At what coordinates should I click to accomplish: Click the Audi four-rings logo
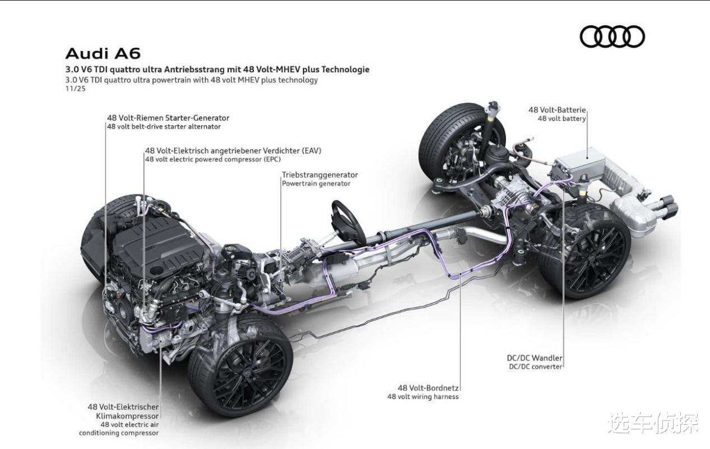(x=612, y=36)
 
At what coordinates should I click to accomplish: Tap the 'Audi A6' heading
(x=103, y=54)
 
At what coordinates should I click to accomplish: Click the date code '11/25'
(x=76, y=89)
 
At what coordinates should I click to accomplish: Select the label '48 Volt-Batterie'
(x=557, y=110)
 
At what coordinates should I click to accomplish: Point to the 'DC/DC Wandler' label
(x=535, y=358)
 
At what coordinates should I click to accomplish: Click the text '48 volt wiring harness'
(x=423, y=397)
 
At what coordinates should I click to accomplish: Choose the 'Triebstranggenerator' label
(x=320, y=175)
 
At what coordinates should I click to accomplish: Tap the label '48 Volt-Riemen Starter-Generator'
(x=168, y=118)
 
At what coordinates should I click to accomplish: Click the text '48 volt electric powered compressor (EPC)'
(x=213, y=159)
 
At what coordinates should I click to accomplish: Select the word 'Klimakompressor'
(x=127, y=416)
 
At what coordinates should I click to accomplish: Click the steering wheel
(x=347, y=223)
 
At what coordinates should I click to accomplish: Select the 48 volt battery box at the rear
(x=580, y=165)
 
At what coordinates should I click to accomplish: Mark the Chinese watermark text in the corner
(x=653, y=423)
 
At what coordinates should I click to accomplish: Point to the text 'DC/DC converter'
(x=535, y=367)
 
